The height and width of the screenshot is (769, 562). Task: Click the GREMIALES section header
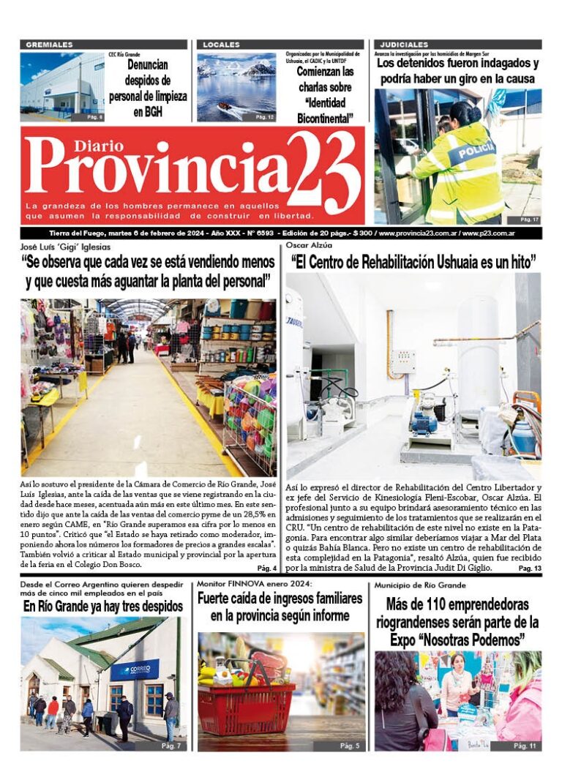pyautogui.click(x=50, y=45)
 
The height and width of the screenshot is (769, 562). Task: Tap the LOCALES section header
pyautogui.click(x=221, y=45)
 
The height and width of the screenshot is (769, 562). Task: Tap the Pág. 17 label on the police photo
pyautogui.click(x=529, y=219)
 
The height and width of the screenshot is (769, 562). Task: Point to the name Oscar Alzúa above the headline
pyautogui.click(x=304, y=247)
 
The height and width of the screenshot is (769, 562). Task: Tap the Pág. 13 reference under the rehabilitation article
pyautogui.click(x=529, y=568)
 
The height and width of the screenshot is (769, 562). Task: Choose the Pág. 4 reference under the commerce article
pyautogui.click(x=266, y=568)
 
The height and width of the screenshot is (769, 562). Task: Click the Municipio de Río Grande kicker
pyautogui.click(x=420, y=585)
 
